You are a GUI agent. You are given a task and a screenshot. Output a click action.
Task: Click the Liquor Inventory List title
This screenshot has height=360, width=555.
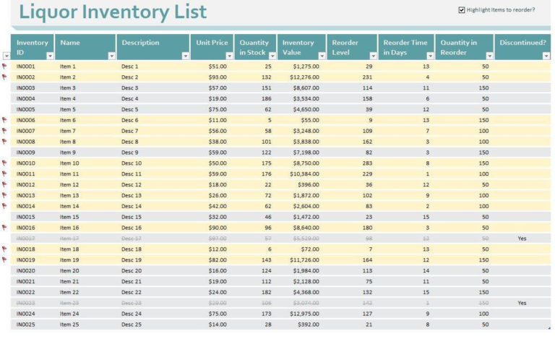pos(113,12)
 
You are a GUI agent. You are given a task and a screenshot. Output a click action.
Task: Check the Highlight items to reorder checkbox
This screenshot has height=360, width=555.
pos(462,10)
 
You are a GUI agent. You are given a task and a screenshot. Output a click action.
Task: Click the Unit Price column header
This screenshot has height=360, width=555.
pos(210,43)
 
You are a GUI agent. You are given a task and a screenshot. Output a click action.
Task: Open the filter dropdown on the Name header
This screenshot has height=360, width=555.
pos(111,56)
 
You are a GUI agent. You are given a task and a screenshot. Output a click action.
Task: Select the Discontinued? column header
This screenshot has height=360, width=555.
pos(522,43)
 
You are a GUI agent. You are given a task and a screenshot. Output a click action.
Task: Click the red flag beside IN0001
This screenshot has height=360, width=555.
pos(5,67)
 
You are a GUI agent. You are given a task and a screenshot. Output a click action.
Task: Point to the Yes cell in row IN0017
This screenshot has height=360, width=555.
pos(522,239)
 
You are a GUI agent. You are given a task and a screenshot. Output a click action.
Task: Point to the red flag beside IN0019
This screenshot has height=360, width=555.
pos(5,260)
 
